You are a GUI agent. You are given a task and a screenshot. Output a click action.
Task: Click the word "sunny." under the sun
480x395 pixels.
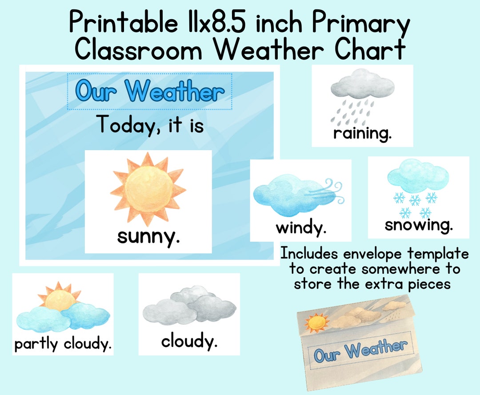(148, 237)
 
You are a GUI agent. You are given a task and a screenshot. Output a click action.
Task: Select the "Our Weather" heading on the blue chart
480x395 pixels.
(149, 92)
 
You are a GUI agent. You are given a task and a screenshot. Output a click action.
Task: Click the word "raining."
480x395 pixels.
(362, 133)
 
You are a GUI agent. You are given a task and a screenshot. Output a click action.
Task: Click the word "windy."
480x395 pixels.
(301, 228)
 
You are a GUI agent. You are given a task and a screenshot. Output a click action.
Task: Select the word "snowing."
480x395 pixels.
(419, 225)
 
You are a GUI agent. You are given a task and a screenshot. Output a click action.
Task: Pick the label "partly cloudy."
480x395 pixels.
(63, 344)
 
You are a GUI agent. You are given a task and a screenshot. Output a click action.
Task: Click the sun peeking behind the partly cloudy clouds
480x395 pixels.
(58, 296)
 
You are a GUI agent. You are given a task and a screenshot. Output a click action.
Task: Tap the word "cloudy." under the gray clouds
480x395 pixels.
(189, 342)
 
